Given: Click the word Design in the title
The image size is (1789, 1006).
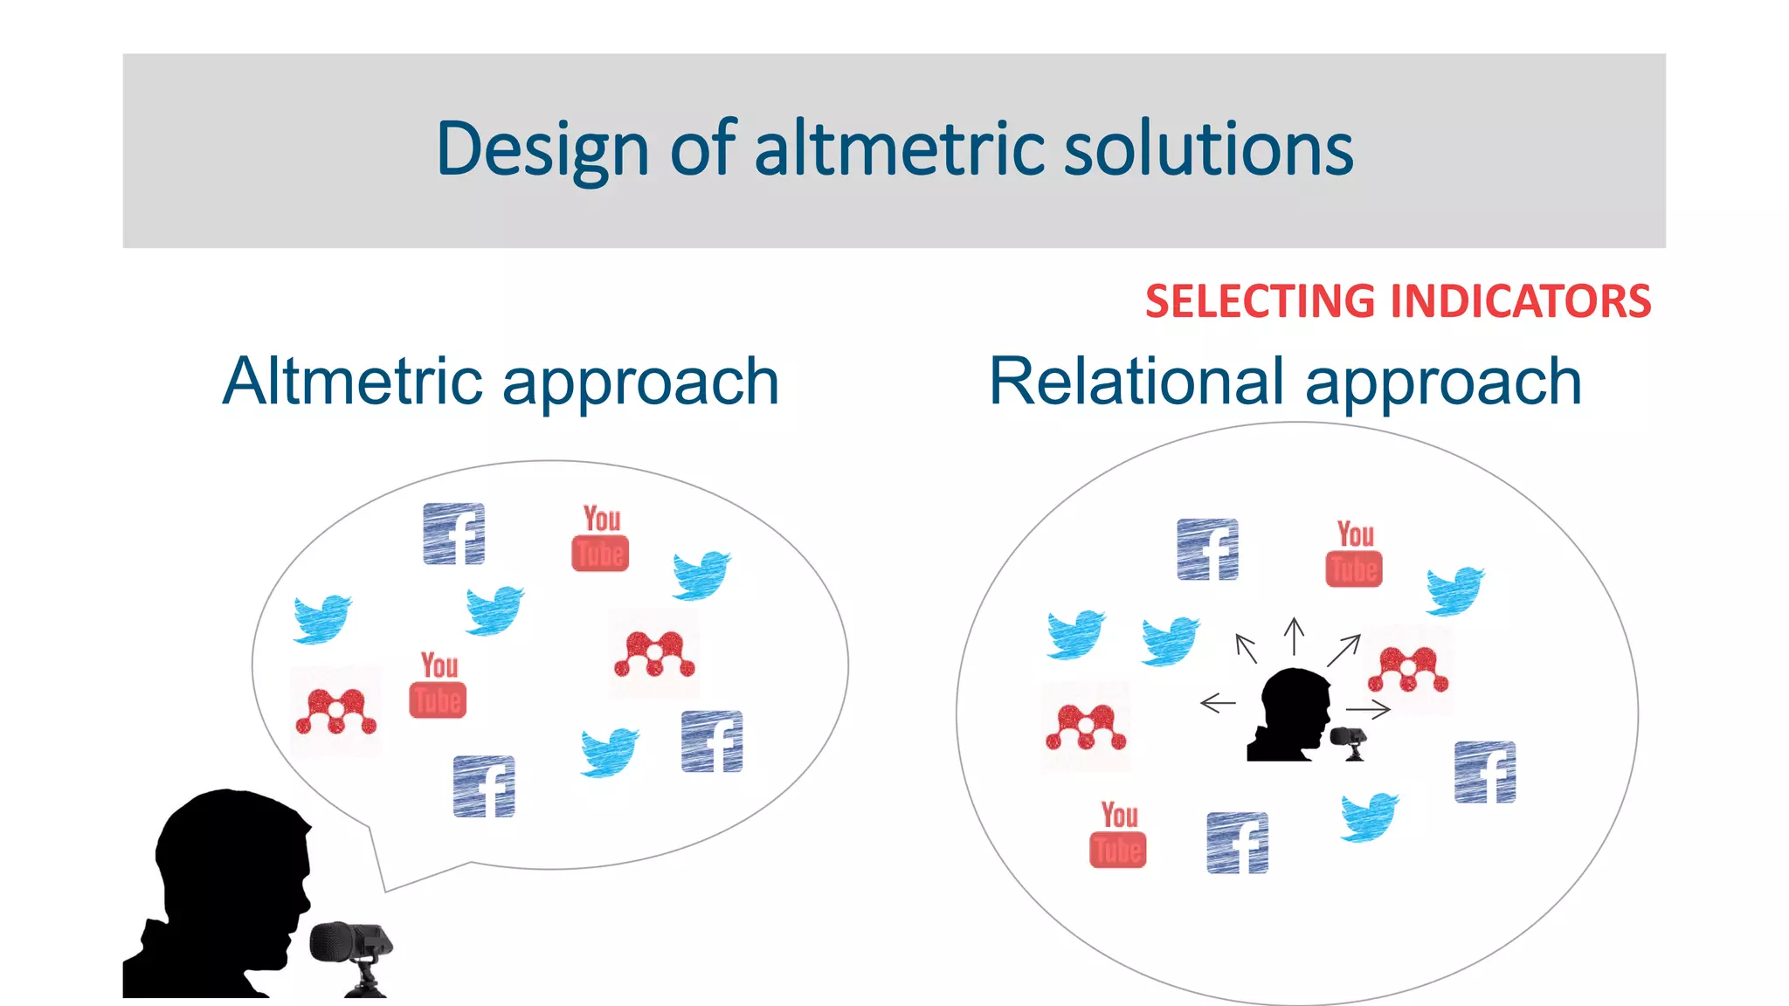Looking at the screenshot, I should [x=542, y=150].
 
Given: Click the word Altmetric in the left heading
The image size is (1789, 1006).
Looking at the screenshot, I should [x=353, y=382].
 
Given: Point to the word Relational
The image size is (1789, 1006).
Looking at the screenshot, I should [x=1139, y=382].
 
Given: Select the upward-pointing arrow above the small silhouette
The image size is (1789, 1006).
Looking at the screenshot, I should [x=1294, y=636].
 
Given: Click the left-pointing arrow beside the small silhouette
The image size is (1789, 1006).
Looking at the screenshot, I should [x=1218, y=702].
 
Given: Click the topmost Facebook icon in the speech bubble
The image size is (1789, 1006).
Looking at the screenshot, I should [x=454, y=534].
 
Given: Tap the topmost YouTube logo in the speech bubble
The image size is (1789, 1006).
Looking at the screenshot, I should [x=601, y=538].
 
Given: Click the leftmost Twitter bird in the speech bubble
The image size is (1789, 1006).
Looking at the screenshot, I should [x=322, y=618].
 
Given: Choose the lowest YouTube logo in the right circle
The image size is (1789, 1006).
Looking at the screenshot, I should [x=1118, y=835].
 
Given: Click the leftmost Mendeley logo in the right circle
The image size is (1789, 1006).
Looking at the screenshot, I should [x=1086, y=727].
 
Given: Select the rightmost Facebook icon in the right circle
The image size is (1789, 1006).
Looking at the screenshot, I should [x=1485, y=772].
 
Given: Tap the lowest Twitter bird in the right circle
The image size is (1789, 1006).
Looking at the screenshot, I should [x=1369, y=817].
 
